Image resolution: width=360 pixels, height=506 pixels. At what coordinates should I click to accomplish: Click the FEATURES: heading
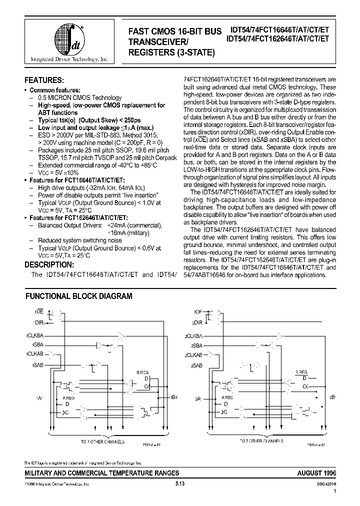(44, 80)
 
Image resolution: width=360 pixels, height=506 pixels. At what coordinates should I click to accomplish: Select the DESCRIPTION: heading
(49, 265)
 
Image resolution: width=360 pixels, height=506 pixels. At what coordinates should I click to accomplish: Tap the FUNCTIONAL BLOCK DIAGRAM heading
(78, 296)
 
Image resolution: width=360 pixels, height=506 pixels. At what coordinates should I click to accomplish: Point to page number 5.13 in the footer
(180, 484)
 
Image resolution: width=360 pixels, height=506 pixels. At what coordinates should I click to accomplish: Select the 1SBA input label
(37, 345)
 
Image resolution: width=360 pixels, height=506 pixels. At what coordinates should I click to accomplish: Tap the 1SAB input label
(37, 365)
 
